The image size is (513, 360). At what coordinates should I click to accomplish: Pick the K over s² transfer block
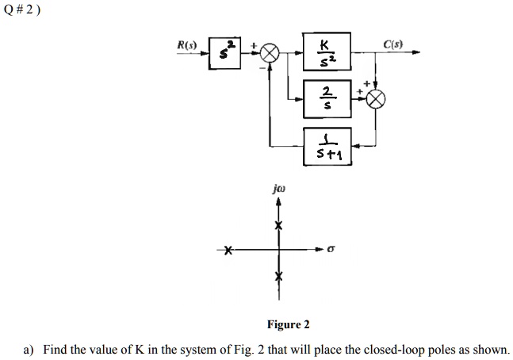pos(321,52)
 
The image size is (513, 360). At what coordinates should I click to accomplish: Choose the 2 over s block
pos(321,98)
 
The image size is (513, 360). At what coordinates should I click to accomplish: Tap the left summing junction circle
pos(271,54)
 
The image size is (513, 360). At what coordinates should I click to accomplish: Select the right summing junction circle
pos(377,98)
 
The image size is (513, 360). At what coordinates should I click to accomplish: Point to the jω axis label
pos(278,190)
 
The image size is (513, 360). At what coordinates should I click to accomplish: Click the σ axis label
pos(331,249)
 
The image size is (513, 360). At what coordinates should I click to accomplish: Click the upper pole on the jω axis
pos(278,226)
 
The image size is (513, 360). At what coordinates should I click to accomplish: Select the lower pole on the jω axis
pos(278,277)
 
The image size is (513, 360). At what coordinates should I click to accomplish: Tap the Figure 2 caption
pos(288,324)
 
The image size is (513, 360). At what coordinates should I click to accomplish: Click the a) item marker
pos(29,349)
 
